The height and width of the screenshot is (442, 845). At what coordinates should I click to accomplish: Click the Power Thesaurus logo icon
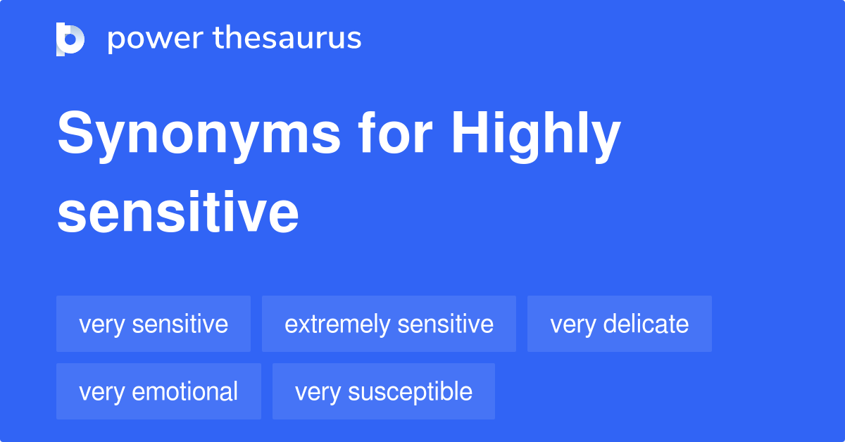point(70,39)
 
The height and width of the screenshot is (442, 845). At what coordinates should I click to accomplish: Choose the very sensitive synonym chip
point(154,324)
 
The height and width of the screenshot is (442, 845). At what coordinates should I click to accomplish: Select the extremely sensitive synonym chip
point(389,324)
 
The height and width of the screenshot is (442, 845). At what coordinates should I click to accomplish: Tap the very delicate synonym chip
point(620,324)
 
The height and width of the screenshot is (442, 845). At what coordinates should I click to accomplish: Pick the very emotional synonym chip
point(158,391)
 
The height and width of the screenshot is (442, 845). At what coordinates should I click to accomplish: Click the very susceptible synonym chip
point(384,391)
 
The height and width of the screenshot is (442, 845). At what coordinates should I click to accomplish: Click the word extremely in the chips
point(337,324)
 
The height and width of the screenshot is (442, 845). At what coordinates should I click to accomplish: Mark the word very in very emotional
point(99,392)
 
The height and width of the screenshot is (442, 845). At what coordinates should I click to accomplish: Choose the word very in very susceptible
point(315,392)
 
